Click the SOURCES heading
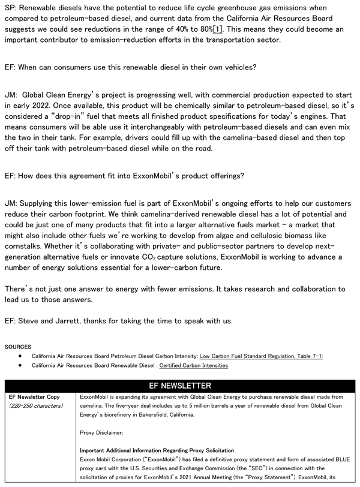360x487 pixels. click(17, 347)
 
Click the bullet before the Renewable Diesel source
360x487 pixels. click(20, 365)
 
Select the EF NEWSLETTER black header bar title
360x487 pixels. click(180, 386)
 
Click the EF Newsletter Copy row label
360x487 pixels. click(34, 397)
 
